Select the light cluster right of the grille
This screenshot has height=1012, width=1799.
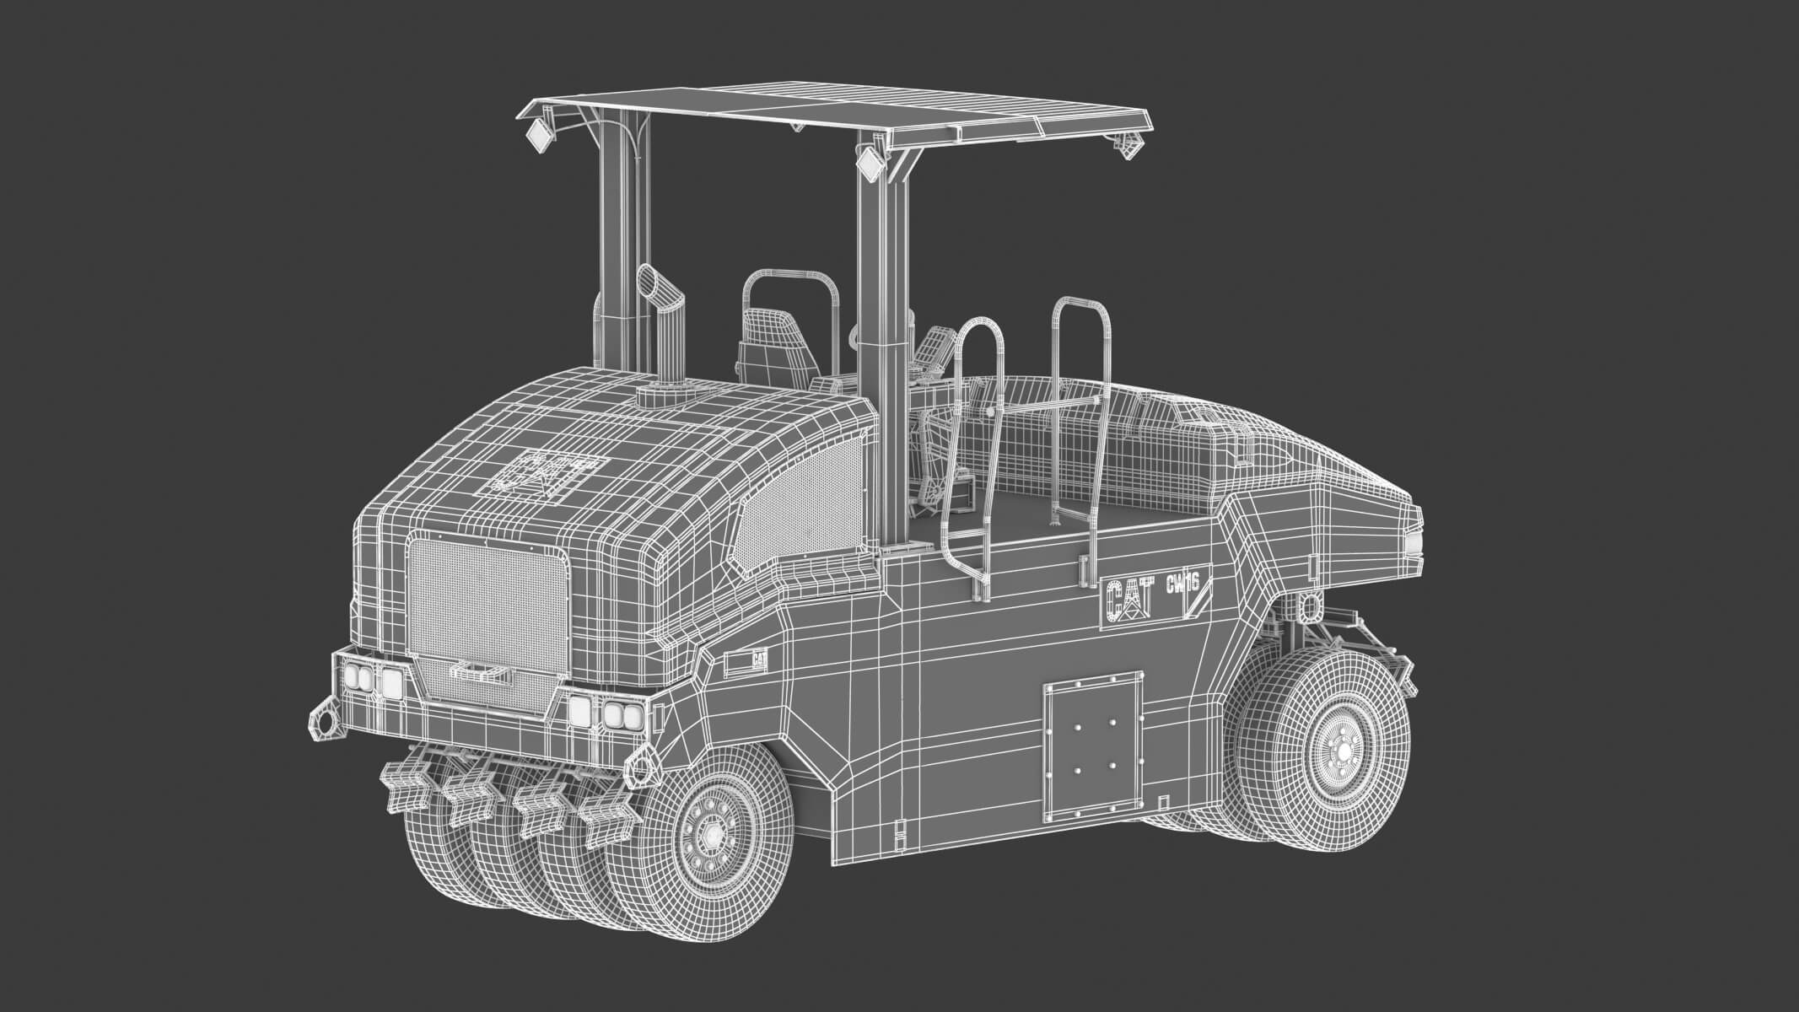(606, 713)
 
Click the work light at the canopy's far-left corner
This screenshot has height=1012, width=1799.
(538, 135)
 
